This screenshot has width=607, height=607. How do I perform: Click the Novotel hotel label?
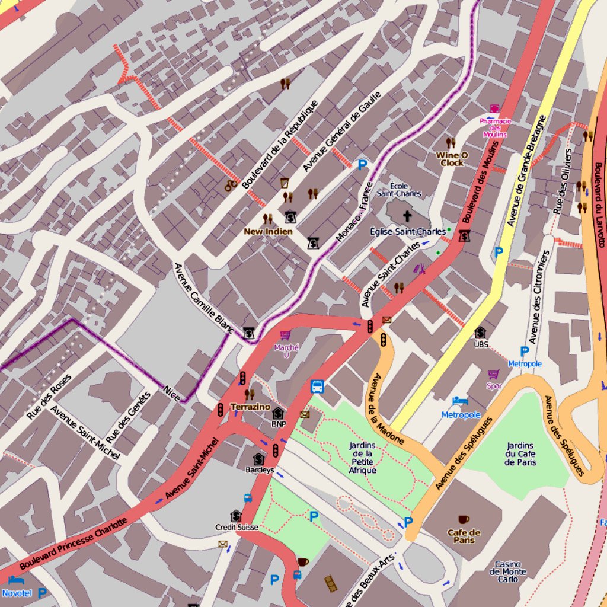[x=17, y=593]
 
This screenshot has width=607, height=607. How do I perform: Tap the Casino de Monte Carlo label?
[x=508, y=571]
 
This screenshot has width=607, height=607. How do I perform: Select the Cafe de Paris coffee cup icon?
[x=464, y=520]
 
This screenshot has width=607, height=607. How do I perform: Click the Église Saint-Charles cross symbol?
[x=407, y=216]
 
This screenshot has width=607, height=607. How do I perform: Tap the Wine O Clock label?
[x=452, y=158]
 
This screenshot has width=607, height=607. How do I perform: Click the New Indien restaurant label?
[x=268, y=231]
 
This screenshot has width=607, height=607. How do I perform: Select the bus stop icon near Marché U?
[x=318, y=386]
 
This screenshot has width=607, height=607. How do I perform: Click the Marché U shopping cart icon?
[x=285, y=336]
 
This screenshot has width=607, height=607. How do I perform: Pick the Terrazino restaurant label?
[x=250, y=407]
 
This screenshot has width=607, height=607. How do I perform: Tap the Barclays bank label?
[x=260, y=469]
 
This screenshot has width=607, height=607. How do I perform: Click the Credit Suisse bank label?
[x=236, y=526]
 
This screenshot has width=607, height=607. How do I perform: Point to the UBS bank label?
[x=481, y=344]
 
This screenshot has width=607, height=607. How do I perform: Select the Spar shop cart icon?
[x=493, y=374]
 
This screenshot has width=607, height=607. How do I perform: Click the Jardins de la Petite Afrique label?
[x=364, y=458]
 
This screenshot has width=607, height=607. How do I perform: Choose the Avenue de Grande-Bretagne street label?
[x=526, y=171]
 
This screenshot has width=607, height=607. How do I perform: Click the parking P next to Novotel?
[x=42, y=593]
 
